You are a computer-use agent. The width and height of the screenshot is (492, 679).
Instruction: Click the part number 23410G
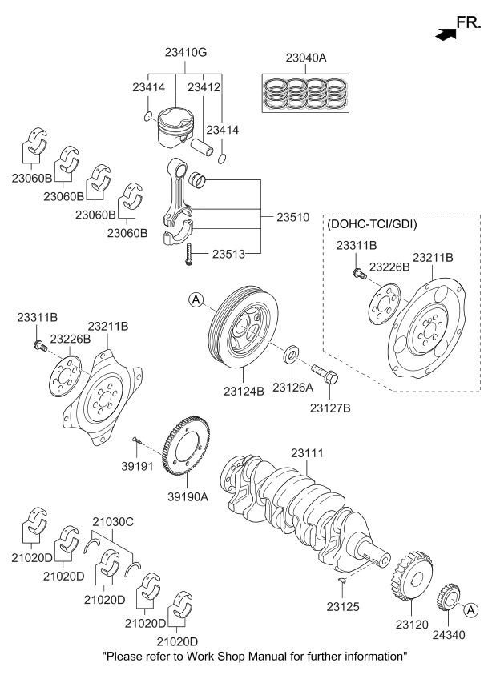point(185,54)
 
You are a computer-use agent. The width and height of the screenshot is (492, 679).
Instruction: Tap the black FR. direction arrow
point(443,33)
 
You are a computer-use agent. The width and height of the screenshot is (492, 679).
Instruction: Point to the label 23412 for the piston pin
point(204,88)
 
